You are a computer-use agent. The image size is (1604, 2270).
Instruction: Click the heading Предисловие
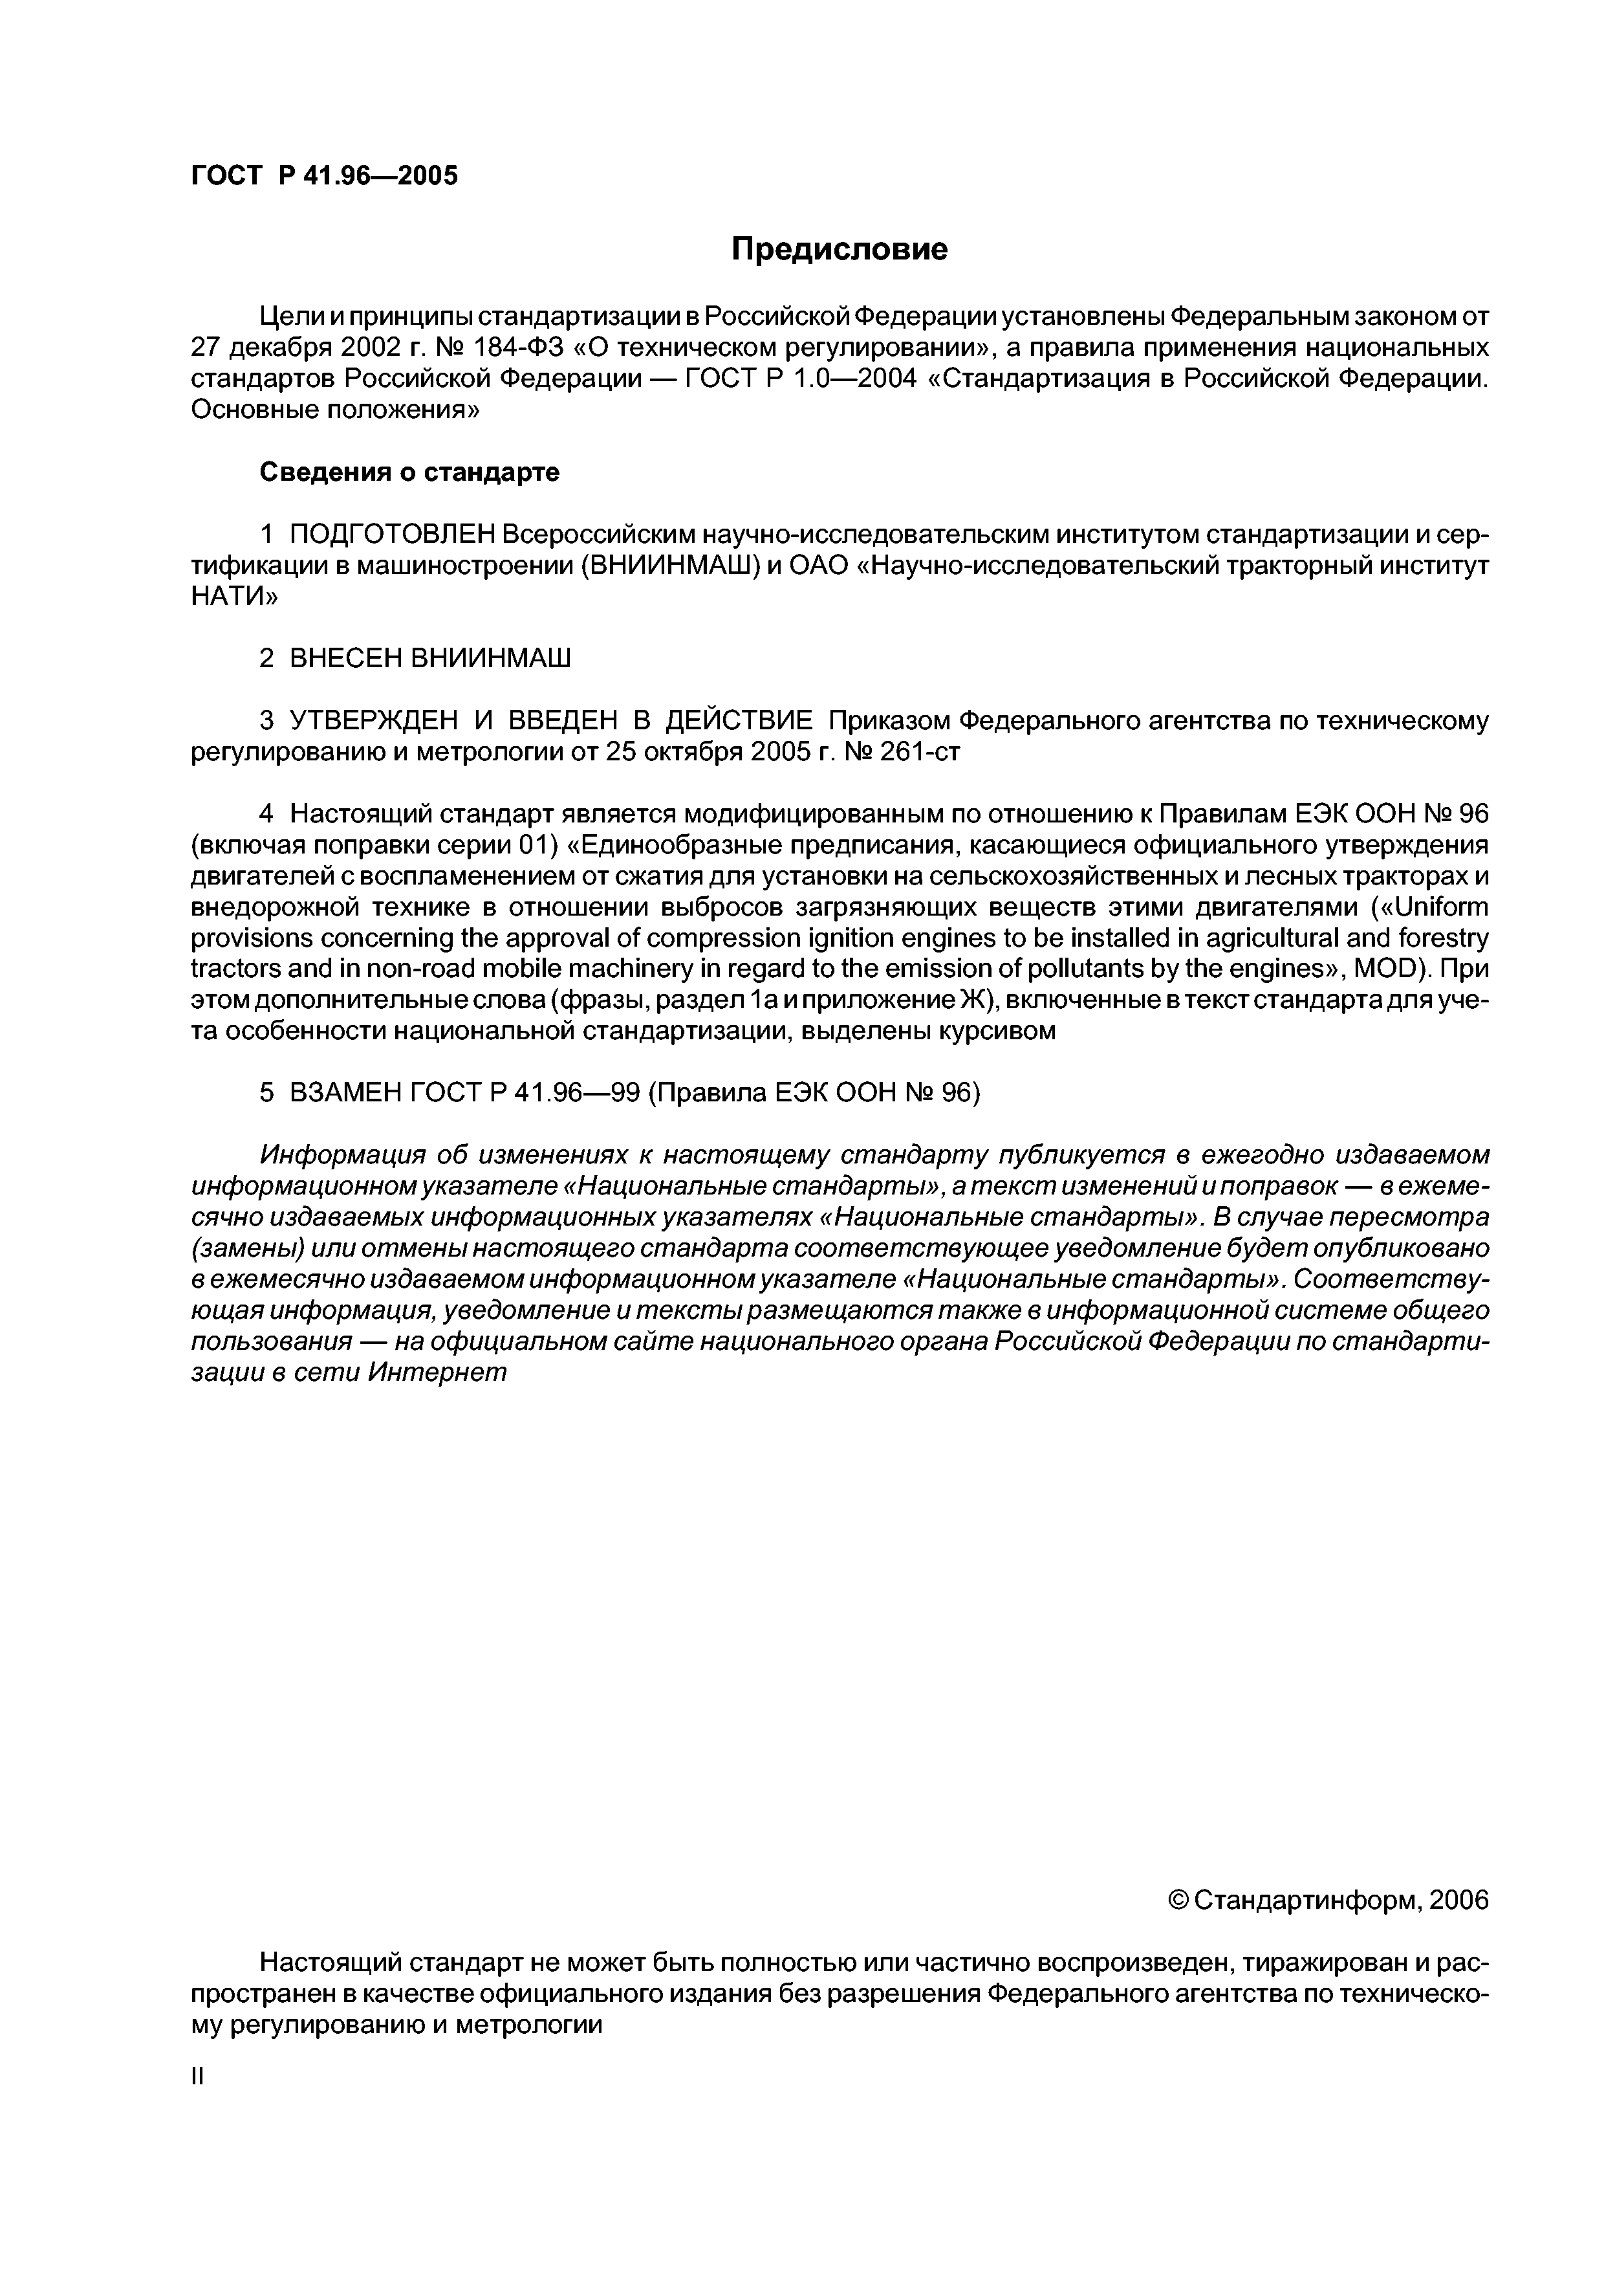[839, 249]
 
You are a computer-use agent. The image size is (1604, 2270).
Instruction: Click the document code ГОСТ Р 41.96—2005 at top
[324, 176]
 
